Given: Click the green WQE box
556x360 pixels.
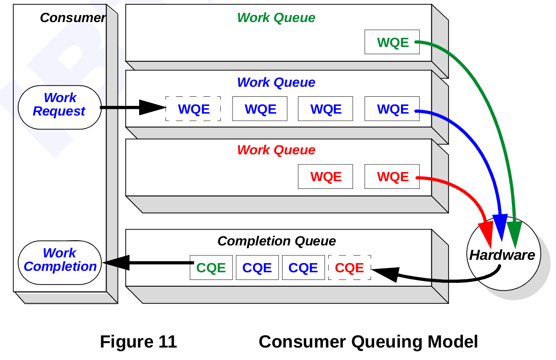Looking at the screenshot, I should [392, 42].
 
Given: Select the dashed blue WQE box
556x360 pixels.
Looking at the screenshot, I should [193, 109].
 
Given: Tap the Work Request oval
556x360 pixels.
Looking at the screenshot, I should [59, 105].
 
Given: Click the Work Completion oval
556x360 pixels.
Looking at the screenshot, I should [60, 260].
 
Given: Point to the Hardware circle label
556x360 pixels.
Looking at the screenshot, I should [502, 255].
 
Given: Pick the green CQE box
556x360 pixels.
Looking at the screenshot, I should [211, 267].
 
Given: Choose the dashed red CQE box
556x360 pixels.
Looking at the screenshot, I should [349, 267].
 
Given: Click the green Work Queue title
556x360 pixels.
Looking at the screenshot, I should [276, 18].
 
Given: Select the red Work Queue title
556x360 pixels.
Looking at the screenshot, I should [276, 150].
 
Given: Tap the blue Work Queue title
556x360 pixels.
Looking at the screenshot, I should [276, 82].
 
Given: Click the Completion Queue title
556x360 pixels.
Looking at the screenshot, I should [276, 241].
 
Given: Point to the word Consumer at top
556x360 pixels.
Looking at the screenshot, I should [72, 18].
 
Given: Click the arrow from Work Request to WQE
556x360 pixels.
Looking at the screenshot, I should [132, 107].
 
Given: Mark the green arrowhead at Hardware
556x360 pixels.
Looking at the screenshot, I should [514, 230].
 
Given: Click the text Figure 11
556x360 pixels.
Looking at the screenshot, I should [138, 342].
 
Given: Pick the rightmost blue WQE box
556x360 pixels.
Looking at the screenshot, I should [392, 109].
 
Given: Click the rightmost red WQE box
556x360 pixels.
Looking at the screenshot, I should [392, 176].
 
